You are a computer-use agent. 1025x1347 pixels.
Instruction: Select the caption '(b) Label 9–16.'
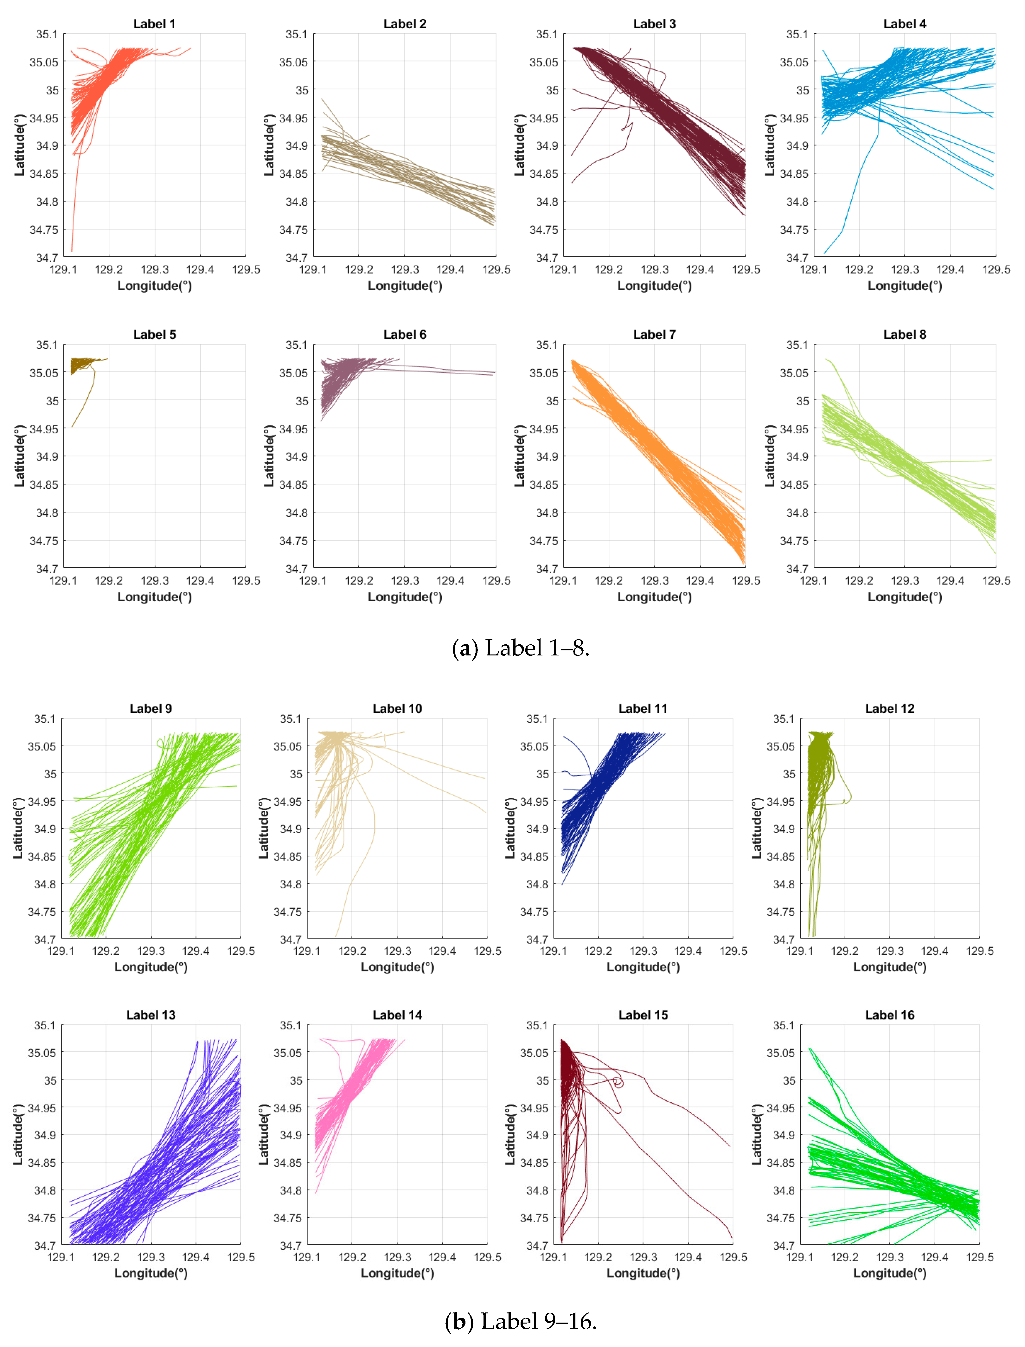521,1321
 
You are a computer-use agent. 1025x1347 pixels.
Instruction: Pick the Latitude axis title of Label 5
19,456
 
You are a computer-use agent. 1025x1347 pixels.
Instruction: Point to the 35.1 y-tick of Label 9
45,719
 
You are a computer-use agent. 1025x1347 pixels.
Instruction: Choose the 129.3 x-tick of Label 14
397,1257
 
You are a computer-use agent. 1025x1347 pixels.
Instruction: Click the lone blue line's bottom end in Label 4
825,253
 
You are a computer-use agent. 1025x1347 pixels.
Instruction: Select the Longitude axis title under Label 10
397,967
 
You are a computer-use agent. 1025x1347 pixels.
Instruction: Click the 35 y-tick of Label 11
542,774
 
